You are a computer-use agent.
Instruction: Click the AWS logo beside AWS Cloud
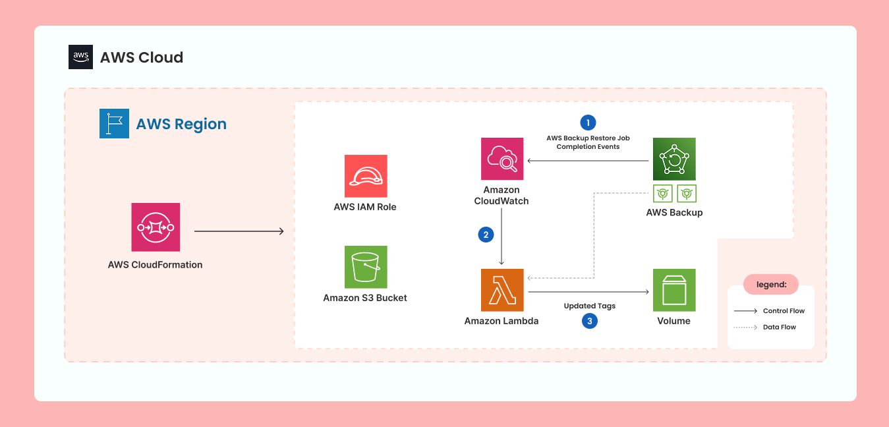point(80,57)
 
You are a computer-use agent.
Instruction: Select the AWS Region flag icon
point(114,124)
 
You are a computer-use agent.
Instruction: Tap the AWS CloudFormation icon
point(156,227)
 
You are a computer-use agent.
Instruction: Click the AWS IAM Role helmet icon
point(366,176)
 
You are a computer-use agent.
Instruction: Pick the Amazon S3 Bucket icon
point(366,267)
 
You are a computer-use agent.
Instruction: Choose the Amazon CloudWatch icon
point(502,159)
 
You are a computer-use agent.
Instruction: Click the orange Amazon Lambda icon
point(502,290)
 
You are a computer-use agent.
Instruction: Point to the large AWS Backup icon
point(674,159)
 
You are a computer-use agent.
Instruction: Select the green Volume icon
point(674,290)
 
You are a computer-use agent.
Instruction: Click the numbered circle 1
point(587,123)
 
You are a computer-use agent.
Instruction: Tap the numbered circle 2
point(486,235)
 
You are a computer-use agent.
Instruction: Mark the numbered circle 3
point(589,322)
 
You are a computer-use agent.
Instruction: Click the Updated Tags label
point(589,306)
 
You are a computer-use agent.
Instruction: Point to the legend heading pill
point(770,284)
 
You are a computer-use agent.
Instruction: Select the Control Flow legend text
point(784,311)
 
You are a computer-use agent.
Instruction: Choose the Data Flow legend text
point(779,327)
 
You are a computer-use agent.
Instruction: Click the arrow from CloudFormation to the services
point(239,231)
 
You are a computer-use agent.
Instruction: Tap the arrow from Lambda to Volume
point(588,291)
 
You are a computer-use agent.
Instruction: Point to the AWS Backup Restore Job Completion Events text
point(588,142)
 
